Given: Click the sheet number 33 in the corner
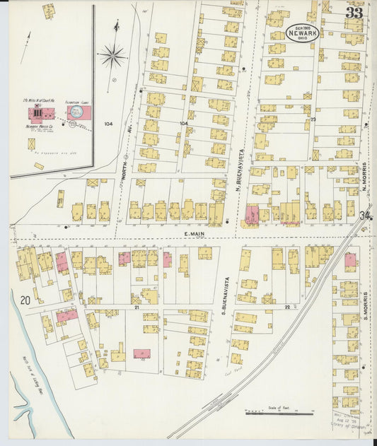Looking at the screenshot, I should tap(354, 13).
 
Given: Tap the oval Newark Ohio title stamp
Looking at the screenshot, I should tap(303, 33).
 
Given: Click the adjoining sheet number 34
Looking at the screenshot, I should tap(365, 216).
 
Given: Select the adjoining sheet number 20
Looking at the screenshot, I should tap(25, 300).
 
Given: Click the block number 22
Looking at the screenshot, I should tap(287, 307).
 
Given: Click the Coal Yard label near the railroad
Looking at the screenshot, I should tap(233, 370).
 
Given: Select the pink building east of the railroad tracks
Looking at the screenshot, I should tap(350, 259).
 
